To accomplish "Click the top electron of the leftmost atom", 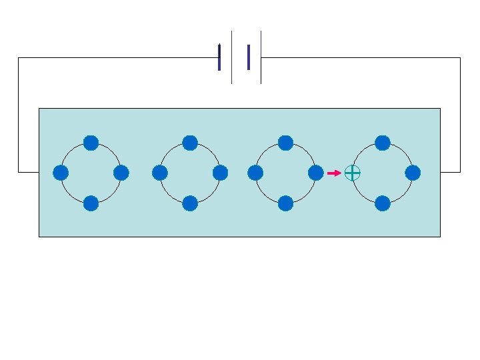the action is [x=91, y=143].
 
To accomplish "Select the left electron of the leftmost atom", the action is [x=61, y=173].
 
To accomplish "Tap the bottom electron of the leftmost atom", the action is [x=91, y=203].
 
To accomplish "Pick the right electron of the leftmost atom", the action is [x=121, y=173].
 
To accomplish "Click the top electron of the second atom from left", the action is [x=190, y=143].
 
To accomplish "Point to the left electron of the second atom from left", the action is [x=159, y=173].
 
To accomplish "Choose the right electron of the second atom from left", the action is [x=221, y=173].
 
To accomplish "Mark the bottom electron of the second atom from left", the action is [x=190, y=203].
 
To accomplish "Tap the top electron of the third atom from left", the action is [x=285, y=143].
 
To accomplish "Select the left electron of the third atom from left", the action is [x=255, y=173].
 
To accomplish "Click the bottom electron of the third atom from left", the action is [x=285, y=203].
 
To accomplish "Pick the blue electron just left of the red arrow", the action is [x=316, y=173].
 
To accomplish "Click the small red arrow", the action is [x=334, y=173].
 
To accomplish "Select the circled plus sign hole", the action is [x=352, y=173].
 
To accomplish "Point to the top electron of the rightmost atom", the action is [x=383, y=143].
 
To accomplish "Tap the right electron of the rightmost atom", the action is [x=413, y=173].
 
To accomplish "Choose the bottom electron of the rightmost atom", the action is [x=383, y=203].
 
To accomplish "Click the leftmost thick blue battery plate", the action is [x=219, y=57].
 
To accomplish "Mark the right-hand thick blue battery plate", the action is [x=249, y=57].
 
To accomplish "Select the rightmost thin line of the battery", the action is [x=261, y=57].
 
